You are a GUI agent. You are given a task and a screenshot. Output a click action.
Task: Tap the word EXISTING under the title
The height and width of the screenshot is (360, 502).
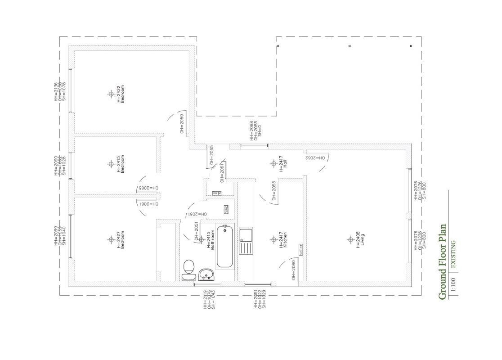coord(453,254)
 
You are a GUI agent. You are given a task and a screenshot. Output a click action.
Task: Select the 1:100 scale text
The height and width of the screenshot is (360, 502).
coord(453,284)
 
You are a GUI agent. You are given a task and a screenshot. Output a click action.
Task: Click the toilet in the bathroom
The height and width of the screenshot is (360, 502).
coord(189,269)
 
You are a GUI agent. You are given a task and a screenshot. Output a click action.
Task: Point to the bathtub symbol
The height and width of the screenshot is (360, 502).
coord(225,247)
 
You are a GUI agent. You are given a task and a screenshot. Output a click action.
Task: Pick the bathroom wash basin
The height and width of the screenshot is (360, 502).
coord(206,274)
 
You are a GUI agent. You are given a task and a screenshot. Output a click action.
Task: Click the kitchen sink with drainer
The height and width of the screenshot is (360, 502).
coord(246,241)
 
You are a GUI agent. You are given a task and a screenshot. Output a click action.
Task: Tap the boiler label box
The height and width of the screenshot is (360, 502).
coord(300,249)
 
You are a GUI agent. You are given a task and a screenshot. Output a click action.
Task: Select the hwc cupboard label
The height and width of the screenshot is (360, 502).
coord(226,209)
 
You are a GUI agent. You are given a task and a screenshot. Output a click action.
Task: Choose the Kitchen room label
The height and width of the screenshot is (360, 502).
coord(285,240)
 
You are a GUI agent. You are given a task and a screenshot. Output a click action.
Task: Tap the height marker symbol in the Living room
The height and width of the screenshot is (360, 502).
coord(350,239)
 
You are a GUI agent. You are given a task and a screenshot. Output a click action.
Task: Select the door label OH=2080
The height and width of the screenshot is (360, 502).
coord(293,270)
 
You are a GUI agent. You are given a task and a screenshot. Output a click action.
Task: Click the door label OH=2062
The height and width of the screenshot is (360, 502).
coord(315,158)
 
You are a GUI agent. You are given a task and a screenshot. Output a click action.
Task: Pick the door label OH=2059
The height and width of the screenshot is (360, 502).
coord(182,124)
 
